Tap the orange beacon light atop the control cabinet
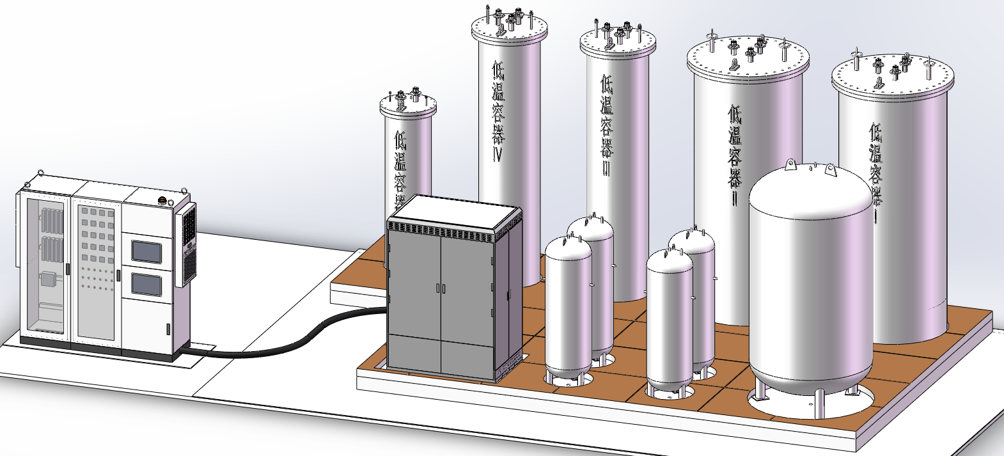pyautogui.click(x=163, y=201)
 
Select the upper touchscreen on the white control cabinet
pyautogui.click(x=146, y=251)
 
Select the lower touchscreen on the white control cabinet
pyautogui.click(x=146, y=284)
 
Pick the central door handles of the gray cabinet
pyautogui.click(x=441, y=288)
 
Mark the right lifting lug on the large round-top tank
pyautogui.click(x=831, y=170)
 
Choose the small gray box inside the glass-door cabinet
pyautogui.click(x=47, y=278)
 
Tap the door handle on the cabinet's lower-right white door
pyautogui.click(x=168, y=329)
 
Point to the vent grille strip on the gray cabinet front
pyautogui.click(x=441, y=230)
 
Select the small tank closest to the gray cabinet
pyautogui.click(x=568, y=307)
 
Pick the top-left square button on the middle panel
pyautogui.click(x=84, y=212)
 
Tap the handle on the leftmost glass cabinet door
pyautogui.click(x=67, y=269)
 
